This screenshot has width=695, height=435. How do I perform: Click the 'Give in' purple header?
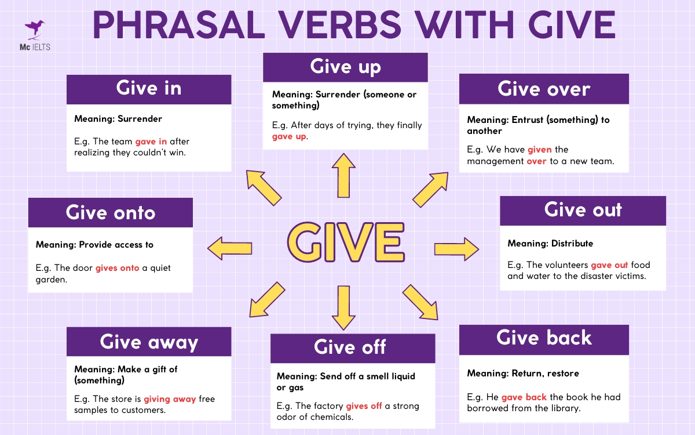tap(149, 89)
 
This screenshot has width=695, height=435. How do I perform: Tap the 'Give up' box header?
tap(345, 67)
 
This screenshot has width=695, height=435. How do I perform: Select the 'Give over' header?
tap(544, 89)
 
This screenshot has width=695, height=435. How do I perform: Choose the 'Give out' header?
tap(583, 210)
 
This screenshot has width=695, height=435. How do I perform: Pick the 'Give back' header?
tap(544, 339)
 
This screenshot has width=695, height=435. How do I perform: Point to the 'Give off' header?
tap(350, 347)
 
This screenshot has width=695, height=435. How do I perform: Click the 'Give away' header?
tap(149, 342)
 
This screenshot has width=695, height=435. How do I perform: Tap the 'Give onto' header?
tap(111, 212)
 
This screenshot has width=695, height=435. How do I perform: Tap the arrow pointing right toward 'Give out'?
tap(456, 249)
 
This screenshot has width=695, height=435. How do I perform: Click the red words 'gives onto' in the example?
tap(118, 269)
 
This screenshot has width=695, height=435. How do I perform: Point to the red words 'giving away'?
tap(170, 399)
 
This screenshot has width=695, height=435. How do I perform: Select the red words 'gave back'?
tap(524, 397)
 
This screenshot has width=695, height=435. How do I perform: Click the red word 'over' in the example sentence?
tap(536, 161)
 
